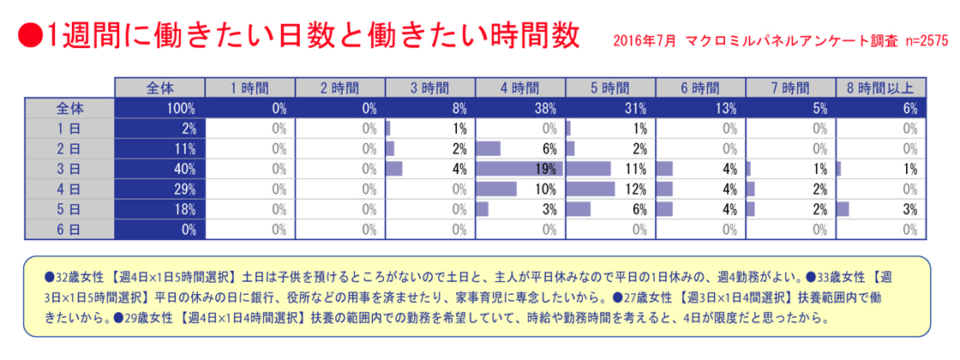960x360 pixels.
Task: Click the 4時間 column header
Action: click(x=519, y=88)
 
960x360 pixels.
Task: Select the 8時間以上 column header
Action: click(x=879, y=88)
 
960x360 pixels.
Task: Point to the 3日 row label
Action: click(x=69, y=168)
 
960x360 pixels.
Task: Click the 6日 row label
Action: click(x=69, y=228)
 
